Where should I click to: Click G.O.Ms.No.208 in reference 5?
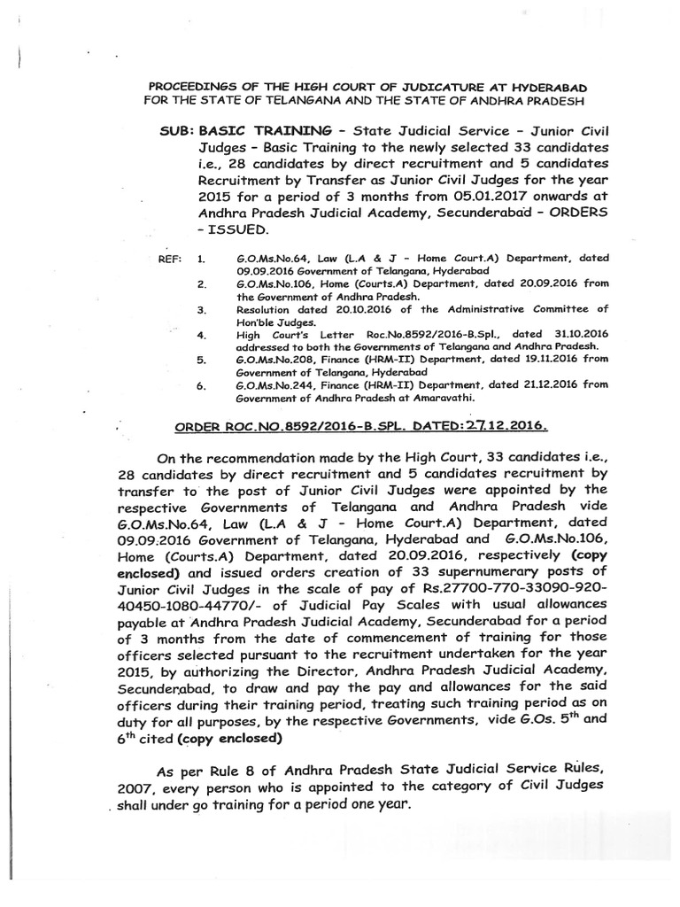coord(275,361)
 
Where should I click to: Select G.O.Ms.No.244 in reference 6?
coord(275,387)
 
